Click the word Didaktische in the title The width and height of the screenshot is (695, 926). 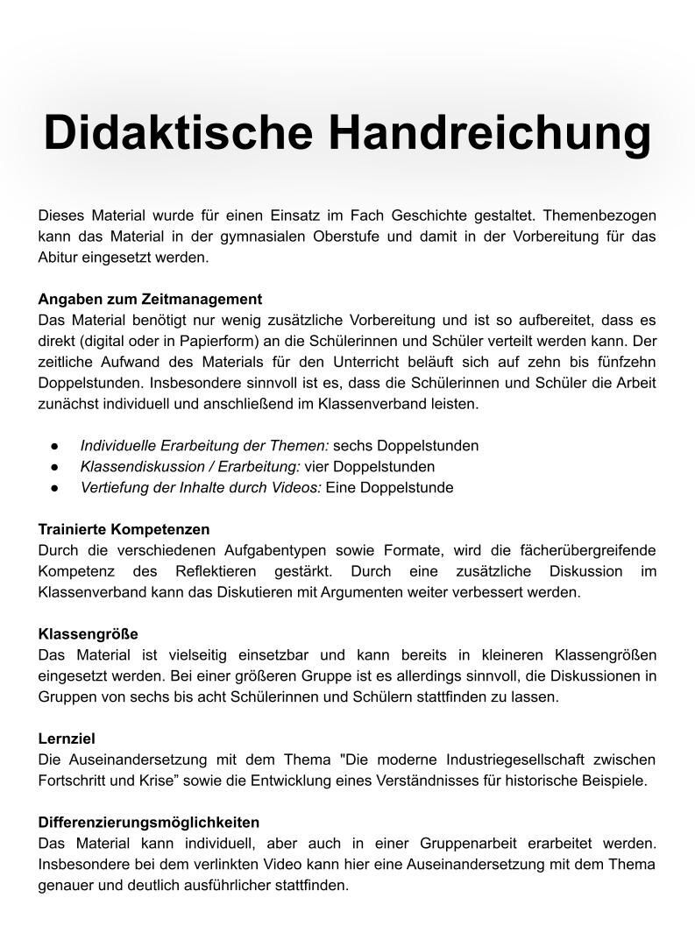178,133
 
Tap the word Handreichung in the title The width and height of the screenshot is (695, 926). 490,133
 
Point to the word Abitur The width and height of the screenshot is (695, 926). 58,258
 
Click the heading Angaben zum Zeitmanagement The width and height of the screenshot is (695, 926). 150,299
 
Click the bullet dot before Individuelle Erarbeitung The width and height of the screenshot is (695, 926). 54,446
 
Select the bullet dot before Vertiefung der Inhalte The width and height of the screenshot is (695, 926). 54,488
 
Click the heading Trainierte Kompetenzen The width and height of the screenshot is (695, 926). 124,529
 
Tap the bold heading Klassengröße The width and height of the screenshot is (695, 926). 88,633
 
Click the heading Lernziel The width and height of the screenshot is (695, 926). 67,739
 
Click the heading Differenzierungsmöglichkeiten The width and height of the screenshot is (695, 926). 149,822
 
